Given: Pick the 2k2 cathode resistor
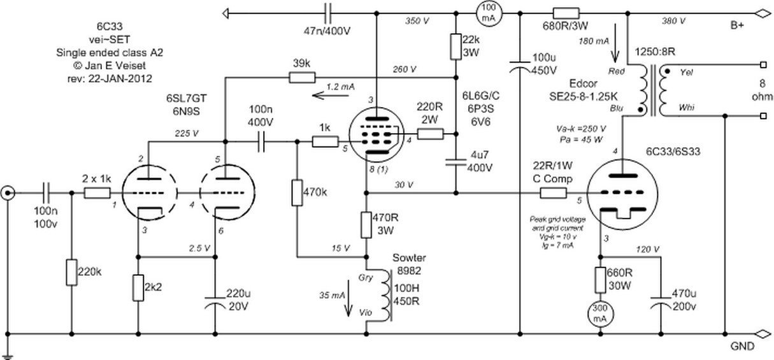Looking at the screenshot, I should click(138, 287).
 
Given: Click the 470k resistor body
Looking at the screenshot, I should click(297, 192).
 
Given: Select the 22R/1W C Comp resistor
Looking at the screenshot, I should click(552, 192).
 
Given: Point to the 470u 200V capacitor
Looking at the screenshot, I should click(659, 302).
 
